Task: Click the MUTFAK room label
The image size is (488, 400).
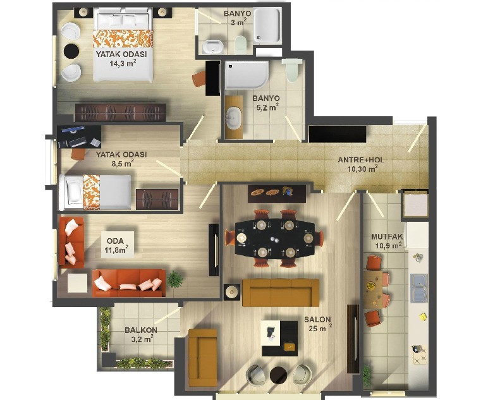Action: point(387,237)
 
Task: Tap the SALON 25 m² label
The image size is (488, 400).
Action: point(318,324)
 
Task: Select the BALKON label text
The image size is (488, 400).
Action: point(141,330)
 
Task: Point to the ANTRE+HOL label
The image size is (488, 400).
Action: point(361,160)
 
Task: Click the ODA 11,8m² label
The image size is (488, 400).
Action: point(117,245)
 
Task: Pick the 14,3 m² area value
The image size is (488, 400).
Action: point(123,63)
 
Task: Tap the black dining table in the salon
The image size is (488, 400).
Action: point(275,239)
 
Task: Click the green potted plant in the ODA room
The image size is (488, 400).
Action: point(174,279)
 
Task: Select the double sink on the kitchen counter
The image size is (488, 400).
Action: point(418,288)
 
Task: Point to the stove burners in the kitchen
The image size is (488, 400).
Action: point(420,355)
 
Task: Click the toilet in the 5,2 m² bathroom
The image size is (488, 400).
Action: point(292,70)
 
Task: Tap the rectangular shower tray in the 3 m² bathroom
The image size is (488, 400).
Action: point(267,25)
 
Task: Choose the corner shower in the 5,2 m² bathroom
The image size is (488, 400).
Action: point(247,75)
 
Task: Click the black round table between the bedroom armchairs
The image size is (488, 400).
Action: point(71,51)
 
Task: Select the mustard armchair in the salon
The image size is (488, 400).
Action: point(203,358)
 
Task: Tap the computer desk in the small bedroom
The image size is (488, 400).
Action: point(79,136)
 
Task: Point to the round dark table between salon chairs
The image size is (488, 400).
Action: point(278,375)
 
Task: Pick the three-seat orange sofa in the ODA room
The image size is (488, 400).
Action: point(129,282)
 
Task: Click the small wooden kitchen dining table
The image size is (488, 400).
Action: point(372,289)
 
